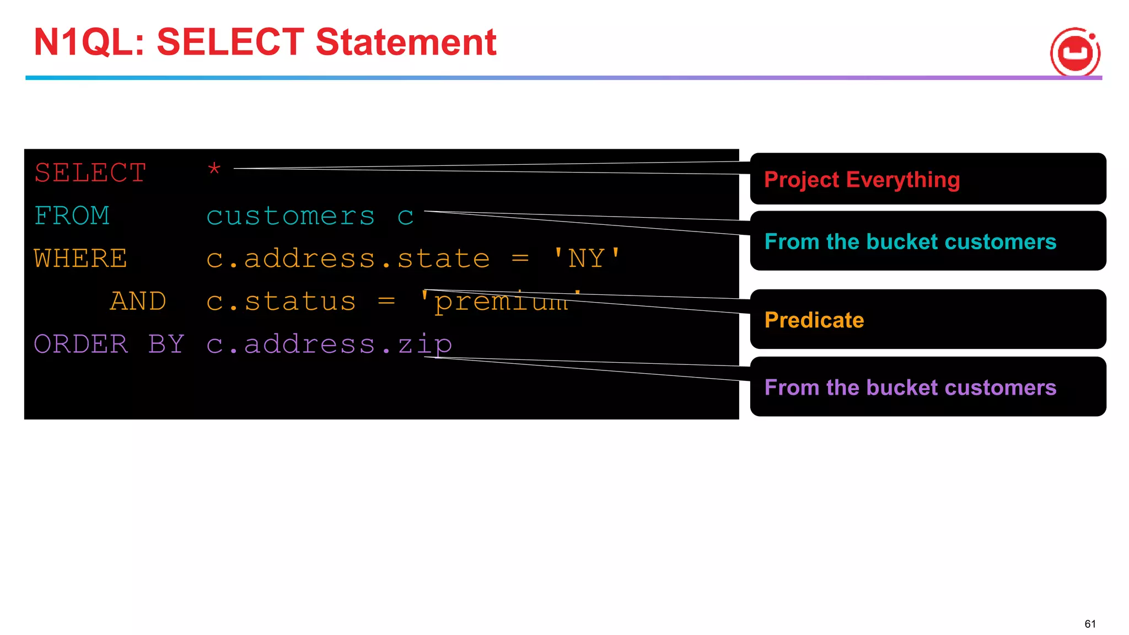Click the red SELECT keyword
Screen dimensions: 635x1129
pyautogui.click(x=90, y=173)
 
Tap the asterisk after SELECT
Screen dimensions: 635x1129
pyautogui.click(x=214, y=169)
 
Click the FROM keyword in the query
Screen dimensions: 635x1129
pyautogui.click(x=72, y=216)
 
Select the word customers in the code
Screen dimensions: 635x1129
pyautogui.click(x=291, y=216)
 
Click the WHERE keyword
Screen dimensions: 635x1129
pyautogui.click(x=80, y=259)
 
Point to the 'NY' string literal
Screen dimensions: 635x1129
pyautogui.click(x=587, y=259)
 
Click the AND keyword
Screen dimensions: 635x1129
pyautogui.click(x=138, y=301)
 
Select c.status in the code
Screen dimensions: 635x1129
pyautogui.click(x=281, y=301)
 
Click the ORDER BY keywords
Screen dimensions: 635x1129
pyautogui.click(x=109, y=344)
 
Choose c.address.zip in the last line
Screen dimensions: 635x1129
pyautogui.click(x=329, y=345)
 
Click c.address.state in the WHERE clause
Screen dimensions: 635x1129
pyautogui.click(x=348, y=259)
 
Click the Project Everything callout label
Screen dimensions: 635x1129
pyautogui.click(x=862, y=180)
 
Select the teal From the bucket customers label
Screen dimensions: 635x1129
pyautogui.click(x=910, y=241)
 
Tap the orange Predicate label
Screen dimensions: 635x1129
pyautogui.click(x=814, y=320)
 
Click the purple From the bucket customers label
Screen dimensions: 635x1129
pyautogui.click(x=910, y=387)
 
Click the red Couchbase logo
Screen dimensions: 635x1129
pyautogui.click(x=1075, y=52)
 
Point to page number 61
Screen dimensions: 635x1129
pyautogui.click(x=1090, y=623)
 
